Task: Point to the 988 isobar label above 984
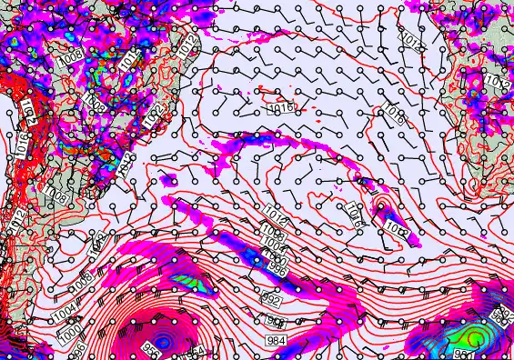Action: (276, 321)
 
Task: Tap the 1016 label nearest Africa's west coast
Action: (393, 114)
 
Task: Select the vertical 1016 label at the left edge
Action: (20, 145)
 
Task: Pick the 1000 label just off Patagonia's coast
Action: (70, 328)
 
